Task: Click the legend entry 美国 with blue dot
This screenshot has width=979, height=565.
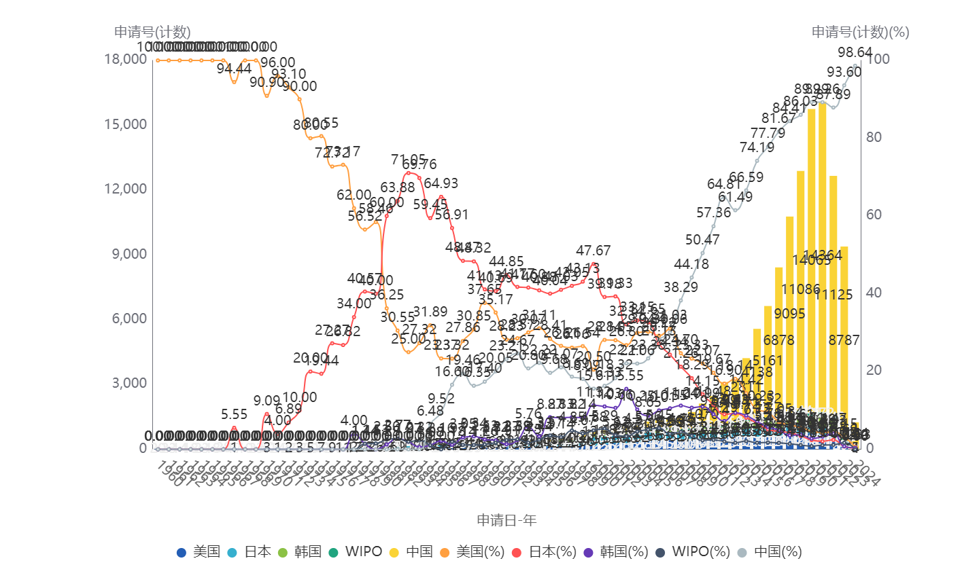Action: [199, 551]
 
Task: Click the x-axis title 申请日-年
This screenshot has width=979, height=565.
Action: [506, 520]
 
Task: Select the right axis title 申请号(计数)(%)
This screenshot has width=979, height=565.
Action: [860, 32]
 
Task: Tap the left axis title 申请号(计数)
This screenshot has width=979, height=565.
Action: [152, 32]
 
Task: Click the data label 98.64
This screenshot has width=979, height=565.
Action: [855, 52]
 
